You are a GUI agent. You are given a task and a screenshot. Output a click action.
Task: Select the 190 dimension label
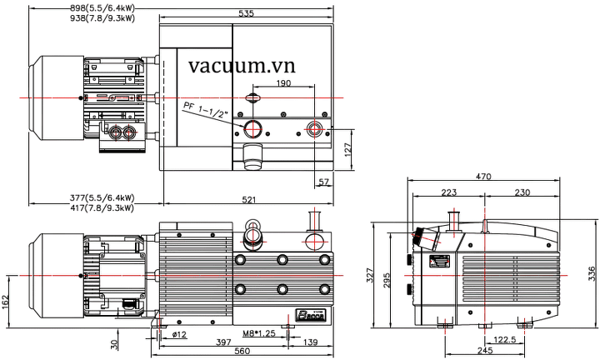click(283, 83)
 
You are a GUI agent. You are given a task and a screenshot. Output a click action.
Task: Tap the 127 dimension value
click(349, 151)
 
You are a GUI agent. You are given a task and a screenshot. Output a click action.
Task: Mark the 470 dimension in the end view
click(505, 177)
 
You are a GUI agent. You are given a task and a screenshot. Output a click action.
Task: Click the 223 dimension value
click(448, 192)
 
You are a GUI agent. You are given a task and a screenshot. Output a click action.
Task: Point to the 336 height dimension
click(592, 272)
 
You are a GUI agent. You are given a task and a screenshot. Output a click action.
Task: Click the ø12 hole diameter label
click(178, 335)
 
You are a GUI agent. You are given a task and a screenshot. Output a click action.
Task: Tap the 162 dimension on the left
click(6, 301)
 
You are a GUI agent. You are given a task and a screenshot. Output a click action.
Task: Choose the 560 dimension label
click(242, 351)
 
